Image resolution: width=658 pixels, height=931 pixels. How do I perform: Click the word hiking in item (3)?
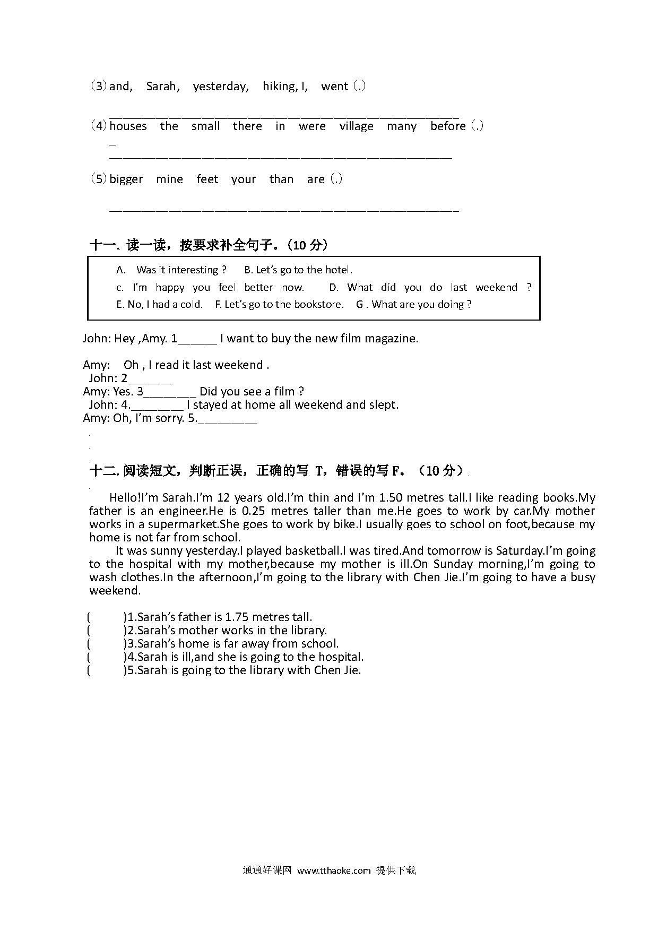pos(279,86)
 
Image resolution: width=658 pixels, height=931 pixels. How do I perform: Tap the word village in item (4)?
pos(356,126)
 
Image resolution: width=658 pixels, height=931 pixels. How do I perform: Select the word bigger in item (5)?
pos(126,179)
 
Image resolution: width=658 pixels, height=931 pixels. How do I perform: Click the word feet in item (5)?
pos(207,179)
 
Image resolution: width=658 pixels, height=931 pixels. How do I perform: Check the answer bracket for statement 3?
pos(106,644)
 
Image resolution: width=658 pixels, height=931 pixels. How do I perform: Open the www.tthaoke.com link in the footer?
pos(334,870)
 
